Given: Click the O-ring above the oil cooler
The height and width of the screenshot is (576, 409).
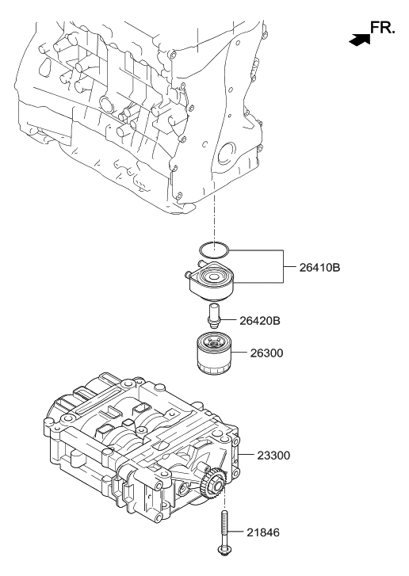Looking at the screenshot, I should pos(213,250).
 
